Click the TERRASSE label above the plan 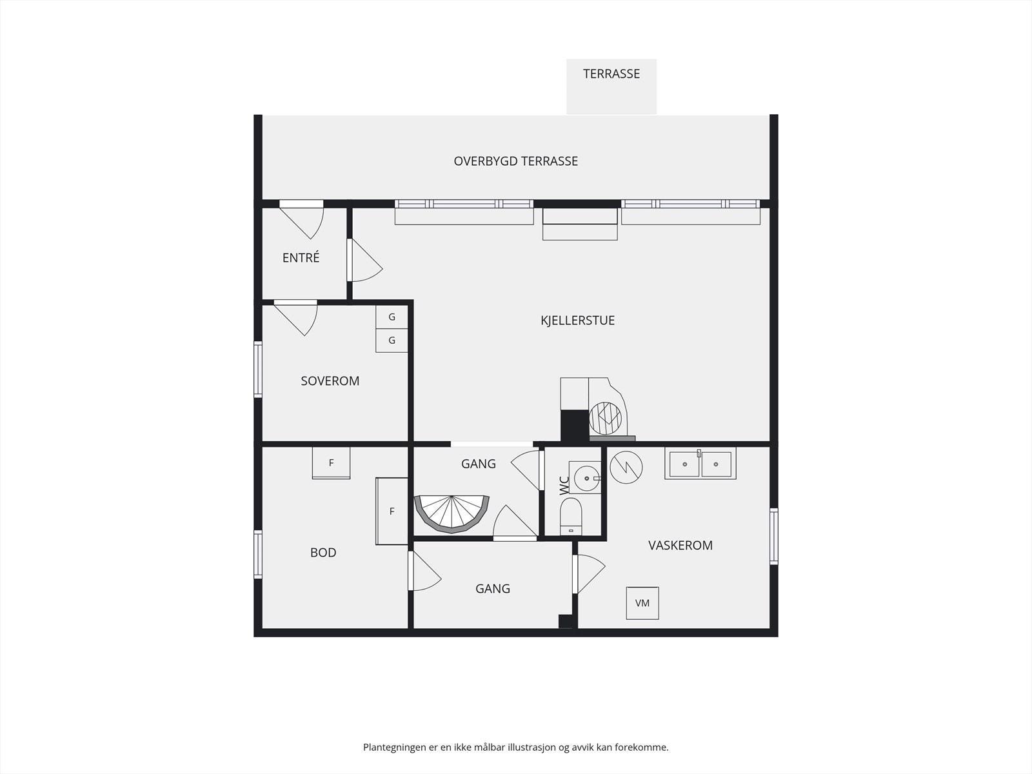pyautogui.click(x=611, y=74)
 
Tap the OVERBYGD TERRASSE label pyautogui.click(x=516, y=161)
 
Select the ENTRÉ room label pyautogui.click(x=301, y=257)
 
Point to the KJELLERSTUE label pyautogui.click(x=577, y=321)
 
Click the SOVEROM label pyautogui.click(x=330, y=381)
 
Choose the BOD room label pyautogui.click(x=323, y=552)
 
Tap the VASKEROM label pyautogui.click(x=680, y=545)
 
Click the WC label pyautogui.click(x=564, y=486)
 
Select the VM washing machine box pyautogui.click(x=642, y=603)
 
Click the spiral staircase pyautogui.click(x=451, y=515)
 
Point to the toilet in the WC pyautogui.click(x=571, y=516)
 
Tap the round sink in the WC pyautogui.click(x=587, y=478)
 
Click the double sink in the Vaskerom pyautogui.click(x=700, y=463)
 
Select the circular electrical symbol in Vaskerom pyautogui.click(x=626, y=468)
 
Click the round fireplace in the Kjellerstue pyautogui.click(x=606, y=418)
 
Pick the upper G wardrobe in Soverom pyautogui.click(x=392, y=317)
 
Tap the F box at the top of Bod pyautogui.click(x=331, y=463)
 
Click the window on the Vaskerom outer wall pyautogui.click(x=774, y=536)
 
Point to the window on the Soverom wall pyautogui.click(x=258, y=370)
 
